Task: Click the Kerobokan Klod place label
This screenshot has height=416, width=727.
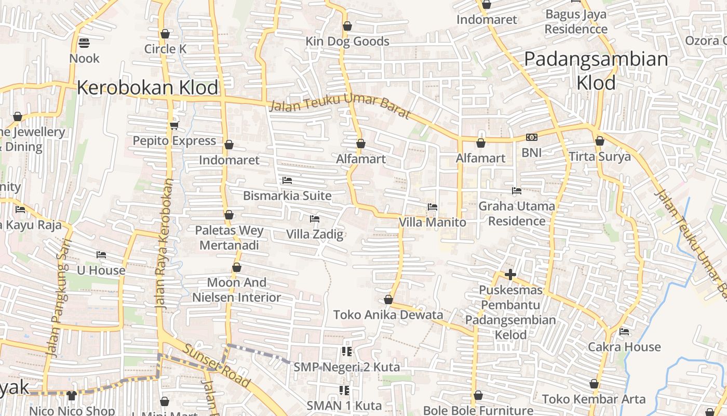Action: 147,87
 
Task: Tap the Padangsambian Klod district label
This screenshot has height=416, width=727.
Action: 596,70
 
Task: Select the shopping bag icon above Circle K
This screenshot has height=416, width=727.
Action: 165,34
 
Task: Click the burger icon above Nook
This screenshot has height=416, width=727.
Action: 84,43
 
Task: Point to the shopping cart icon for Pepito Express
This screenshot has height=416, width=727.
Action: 174,125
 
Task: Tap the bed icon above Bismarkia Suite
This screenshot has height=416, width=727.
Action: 287,180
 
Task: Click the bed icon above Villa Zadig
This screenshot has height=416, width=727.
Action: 314,219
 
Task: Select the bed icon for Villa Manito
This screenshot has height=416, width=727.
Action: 432,207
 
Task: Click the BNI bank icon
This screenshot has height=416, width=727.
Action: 531,137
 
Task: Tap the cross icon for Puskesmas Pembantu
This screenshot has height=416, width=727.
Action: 510,274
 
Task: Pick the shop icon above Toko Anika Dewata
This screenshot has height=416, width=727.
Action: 388,300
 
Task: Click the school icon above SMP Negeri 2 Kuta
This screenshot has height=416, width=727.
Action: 347,352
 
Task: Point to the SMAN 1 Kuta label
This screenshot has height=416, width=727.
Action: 344,405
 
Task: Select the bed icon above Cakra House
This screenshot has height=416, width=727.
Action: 624,331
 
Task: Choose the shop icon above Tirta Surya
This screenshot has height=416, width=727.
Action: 600,141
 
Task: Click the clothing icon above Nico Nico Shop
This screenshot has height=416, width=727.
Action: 72,396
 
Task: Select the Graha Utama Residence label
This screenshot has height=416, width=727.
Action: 516,213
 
